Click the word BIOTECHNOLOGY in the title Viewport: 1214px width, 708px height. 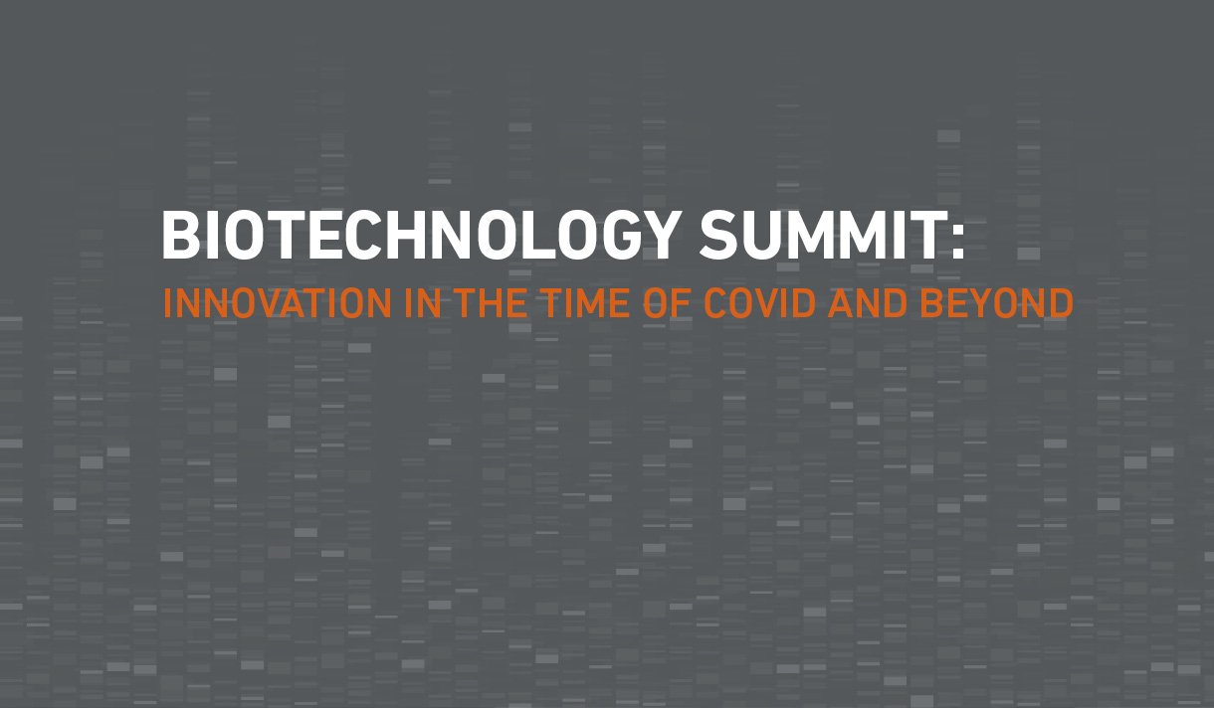point(421,235)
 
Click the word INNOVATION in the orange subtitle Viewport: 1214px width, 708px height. point(278,303)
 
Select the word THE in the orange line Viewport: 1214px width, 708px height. point(491,303)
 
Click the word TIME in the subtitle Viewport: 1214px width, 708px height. point(586,303)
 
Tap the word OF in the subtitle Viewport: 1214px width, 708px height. point(667,303)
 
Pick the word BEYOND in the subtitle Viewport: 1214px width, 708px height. point(997,303)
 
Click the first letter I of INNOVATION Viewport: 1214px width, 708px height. point(167,303)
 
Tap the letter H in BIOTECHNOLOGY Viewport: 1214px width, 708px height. point(406,235)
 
